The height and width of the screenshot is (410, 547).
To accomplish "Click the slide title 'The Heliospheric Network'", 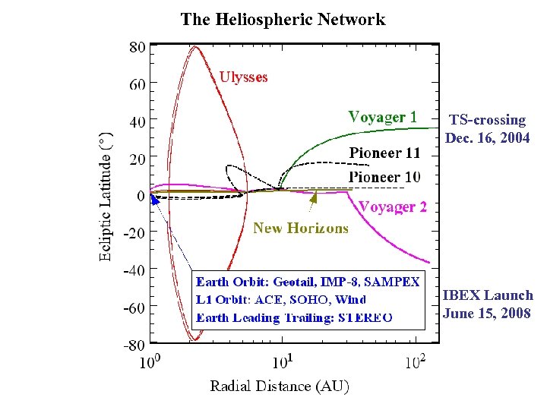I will point(283,20).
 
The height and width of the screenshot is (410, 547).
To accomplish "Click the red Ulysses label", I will point(243,77).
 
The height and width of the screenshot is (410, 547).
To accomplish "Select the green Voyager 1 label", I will point(382,117).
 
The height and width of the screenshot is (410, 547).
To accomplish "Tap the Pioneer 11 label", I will point(384,153).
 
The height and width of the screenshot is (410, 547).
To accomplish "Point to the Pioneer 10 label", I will point(384,177).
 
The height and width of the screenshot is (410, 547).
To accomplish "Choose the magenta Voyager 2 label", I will point(393,207).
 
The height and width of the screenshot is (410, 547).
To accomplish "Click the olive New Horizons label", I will point(301,228).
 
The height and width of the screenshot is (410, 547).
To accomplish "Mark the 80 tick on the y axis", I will point(137,47).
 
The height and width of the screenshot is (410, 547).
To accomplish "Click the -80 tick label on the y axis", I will point(134,345).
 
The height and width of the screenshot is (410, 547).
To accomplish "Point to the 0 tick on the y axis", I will point(141,196).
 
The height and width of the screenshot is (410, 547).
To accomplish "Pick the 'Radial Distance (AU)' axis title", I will point(279,386).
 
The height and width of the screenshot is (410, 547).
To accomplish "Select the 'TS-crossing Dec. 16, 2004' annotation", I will point(487,129).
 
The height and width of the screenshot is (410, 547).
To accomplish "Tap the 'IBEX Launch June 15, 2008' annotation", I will point(487,304).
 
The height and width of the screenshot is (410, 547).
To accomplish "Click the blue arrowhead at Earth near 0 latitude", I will point(153,199).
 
